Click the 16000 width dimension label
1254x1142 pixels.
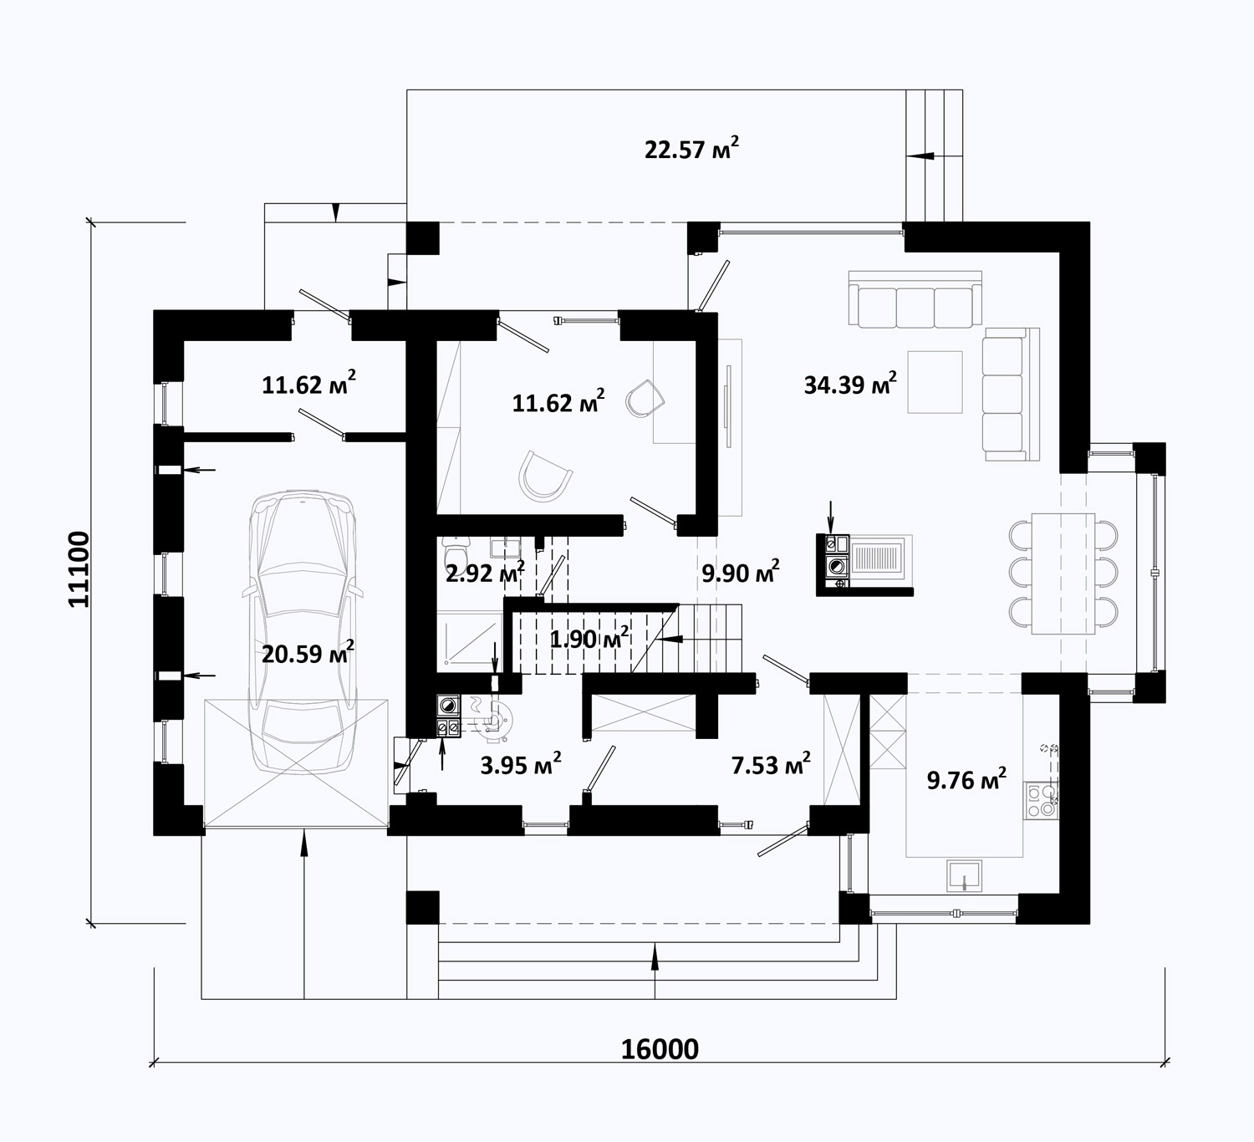660,1049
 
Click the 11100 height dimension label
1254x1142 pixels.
79,569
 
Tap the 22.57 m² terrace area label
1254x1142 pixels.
691,149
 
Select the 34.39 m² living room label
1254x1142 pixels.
850,384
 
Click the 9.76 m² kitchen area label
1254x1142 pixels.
966,779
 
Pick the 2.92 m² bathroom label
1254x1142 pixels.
485,572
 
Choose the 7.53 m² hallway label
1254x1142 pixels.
771,764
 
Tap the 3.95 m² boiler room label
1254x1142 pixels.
521,764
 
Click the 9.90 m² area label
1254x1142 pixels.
740,572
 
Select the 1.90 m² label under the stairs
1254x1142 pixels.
589,639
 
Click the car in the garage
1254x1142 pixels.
303,632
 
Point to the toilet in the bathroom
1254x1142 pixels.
455,550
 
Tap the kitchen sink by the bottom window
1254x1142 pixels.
965,875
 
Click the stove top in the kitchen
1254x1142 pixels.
1040,801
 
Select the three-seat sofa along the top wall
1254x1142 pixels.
915,298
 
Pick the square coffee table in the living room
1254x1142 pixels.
935,382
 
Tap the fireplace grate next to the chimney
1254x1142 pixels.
879,557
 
